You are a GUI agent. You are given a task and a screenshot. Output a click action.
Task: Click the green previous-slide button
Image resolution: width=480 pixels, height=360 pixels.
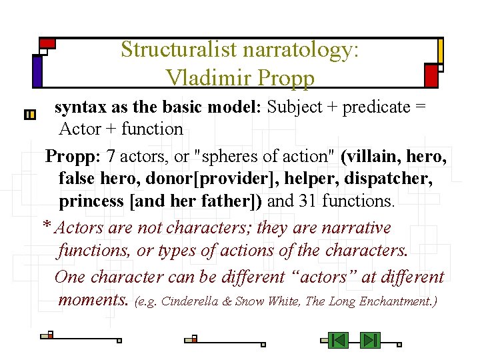[339, 341]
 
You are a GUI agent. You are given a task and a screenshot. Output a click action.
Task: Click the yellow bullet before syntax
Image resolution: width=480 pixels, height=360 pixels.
[29, 115]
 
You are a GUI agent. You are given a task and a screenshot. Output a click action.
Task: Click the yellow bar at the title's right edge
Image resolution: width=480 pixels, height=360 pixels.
[441, 51]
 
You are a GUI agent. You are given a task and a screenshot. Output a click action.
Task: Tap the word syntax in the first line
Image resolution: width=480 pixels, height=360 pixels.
[78, 107]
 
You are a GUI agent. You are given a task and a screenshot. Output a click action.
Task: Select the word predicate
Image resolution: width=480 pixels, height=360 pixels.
[377, 107]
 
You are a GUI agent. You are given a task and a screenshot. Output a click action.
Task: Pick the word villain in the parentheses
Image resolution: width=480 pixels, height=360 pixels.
[370, 157]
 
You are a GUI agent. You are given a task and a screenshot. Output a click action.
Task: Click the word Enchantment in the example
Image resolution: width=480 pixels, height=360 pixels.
[398, 301]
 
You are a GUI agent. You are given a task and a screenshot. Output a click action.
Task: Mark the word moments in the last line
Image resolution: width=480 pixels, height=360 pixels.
[93, 299]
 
